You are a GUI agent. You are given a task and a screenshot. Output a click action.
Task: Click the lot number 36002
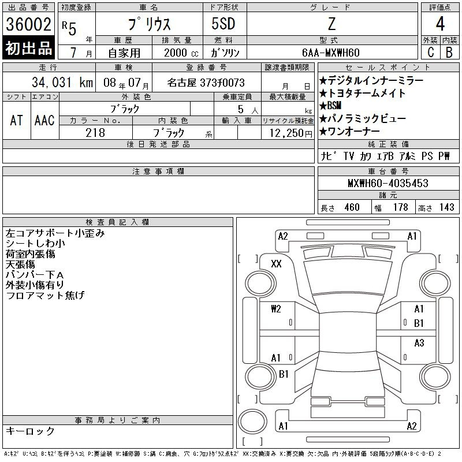(x=29, y=24)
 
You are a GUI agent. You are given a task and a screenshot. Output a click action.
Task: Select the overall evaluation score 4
(x=440, y=25)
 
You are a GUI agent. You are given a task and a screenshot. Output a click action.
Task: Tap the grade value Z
(x=331, y=24)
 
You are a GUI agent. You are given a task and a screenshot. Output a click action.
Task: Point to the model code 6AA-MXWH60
(x=331, y=53)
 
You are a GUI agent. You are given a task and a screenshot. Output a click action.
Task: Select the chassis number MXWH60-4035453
(x=388, y=183)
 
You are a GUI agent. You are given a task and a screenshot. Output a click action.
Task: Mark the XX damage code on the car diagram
(x=276, y=264)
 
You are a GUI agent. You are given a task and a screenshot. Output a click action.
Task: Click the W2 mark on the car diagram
(x=275, y=309)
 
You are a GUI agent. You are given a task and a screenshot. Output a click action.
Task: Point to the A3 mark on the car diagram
(x=419, y=343)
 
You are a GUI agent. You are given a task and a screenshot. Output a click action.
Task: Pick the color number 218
(x=95, y=133)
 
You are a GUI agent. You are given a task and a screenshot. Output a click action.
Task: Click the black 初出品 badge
(x=29, y=49)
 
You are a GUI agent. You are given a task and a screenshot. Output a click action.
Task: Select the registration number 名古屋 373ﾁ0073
(x=206, y=83)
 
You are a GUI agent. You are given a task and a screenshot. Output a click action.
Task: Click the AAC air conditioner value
(x=44, y=120)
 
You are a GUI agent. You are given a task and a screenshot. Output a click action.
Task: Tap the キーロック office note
(x=30, y=431)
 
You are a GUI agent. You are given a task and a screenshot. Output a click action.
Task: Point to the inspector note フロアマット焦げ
(x=45, y=296)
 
